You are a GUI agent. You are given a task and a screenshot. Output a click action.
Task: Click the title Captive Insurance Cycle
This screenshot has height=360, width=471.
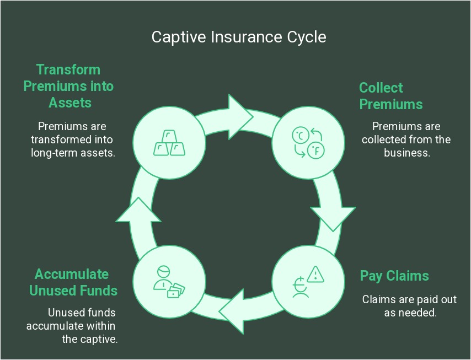(x=239, y=37)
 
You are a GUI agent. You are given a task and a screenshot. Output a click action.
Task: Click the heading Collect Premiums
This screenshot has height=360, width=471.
(x=390, y=96)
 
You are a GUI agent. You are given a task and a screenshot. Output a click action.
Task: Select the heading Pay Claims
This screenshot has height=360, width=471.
(x=394, y=276)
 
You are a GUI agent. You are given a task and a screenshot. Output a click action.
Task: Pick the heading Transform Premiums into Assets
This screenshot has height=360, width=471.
(x=68, y=86)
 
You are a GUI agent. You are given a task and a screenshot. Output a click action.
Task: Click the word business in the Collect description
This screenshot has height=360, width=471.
(x=406, y=153)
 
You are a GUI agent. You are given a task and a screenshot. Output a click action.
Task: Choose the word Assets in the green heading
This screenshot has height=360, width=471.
(x=69, y=103)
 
